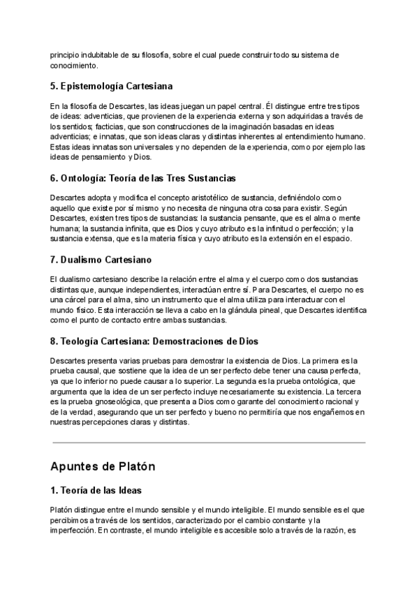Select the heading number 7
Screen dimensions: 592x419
54,260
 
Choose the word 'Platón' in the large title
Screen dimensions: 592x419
131,466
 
